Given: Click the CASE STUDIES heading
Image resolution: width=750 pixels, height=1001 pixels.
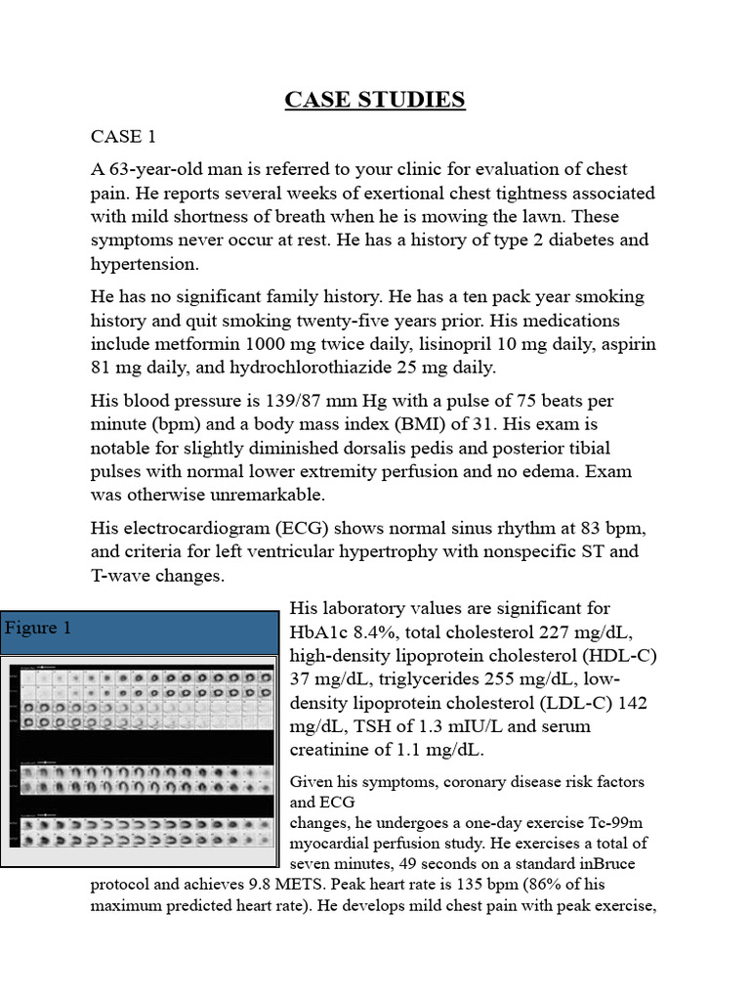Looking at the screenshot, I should (x=375, y=100).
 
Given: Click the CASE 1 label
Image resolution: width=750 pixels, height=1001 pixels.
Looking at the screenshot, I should (x=123, y=135).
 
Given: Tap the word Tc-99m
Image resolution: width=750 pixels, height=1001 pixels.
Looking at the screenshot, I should (x=616, y=822).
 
